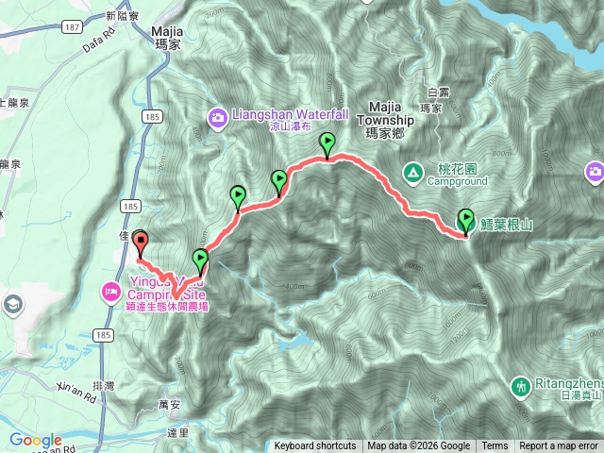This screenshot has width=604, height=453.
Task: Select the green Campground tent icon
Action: pos(412,172)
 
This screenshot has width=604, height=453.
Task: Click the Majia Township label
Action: pos(386,114)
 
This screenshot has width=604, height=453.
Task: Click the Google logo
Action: pos(36,441)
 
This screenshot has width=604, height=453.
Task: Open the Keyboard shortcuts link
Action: pos(314,446)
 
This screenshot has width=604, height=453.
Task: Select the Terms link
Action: pos(495,446)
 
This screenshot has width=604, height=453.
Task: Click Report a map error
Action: pos(559,446)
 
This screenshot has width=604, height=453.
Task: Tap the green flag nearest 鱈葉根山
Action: pos(465,221)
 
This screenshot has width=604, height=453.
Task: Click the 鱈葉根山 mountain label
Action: pos(507,225)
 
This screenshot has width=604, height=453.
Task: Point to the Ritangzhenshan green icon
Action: pos(520,386)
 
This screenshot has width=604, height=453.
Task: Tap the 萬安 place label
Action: pos(171,404)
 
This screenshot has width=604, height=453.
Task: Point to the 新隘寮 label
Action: pos(123,16)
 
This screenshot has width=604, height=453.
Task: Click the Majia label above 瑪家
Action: pos(168,30)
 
